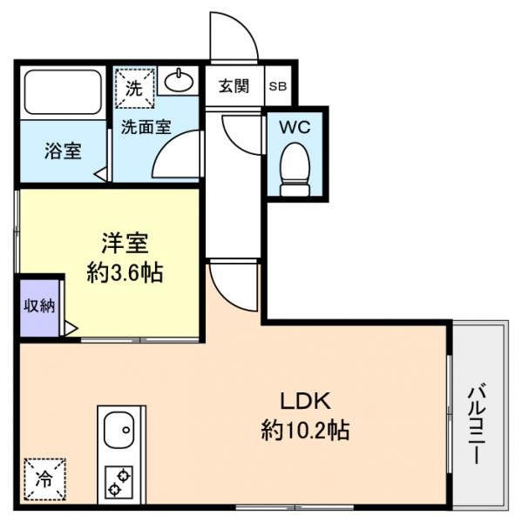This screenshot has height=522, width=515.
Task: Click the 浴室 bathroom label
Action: [63, 150]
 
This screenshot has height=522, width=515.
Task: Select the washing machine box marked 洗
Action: [134, 86]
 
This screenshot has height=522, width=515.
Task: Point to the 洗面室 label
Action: [145, 125]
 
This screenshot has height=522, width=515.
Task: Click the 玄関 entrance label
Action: [234, 85]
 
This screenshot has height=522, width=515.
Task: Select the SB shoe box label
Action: [278, 86]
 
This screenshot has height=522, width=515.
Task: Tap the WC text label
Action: [295, 126]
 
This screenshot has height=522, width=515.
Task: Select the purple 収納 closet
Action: [38, 306]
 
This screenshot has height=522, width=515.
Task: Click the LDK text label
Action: [304, 401]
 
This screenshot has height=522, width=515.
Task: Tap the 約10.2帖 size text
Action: [304, 430]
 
